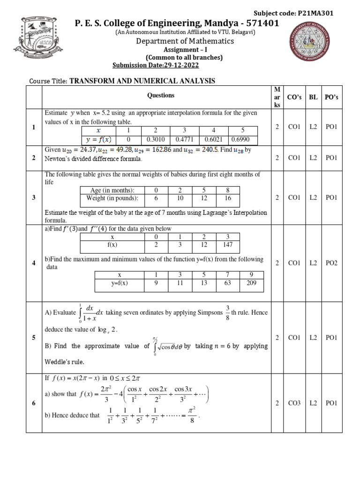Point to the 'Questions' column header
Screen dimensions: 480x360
(x=161, y=95)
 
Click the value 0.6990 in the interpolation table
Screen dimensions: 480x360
(x=242, y=140)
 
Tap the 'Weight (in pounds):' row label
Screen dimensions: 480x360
(x=112, y=198)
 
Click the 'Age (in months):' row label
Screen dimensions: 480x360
(x=112, y=190)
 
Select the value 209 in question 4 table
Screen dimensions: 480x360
(x=253, y=283)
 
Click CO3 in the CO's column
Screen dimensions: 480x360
(x=294, y=403)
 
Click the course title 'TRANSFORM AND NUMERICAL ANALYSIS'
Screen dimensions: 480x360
(x=142, y=81)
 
